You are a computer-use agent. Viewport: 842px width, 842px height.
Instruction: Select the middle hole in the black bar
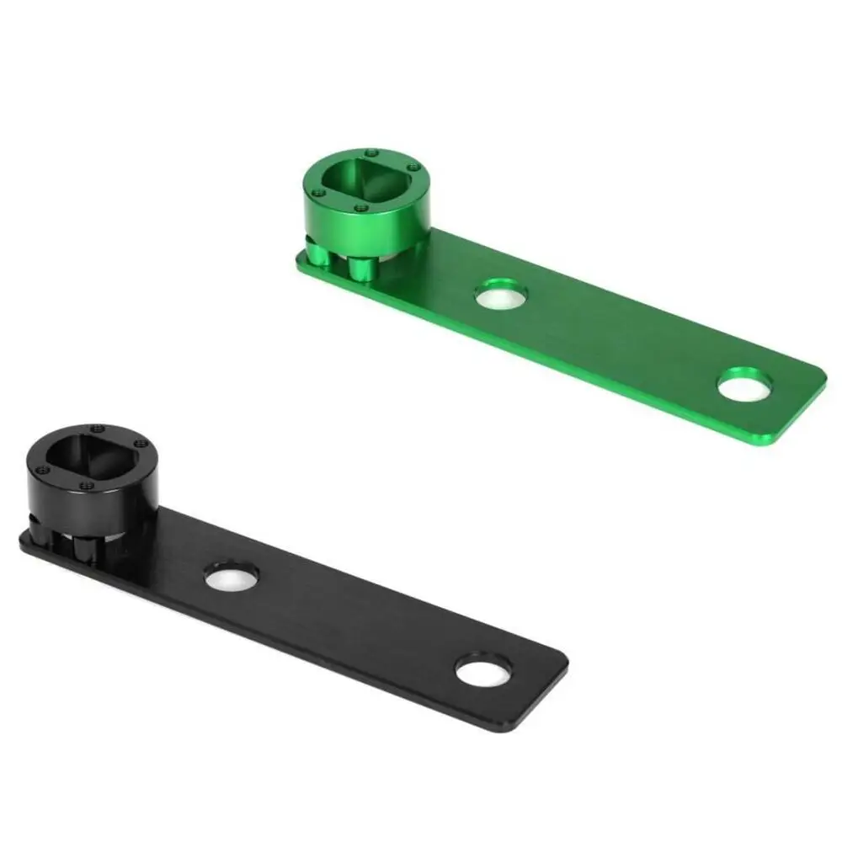pyautogui.click(x=231, y=576)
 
